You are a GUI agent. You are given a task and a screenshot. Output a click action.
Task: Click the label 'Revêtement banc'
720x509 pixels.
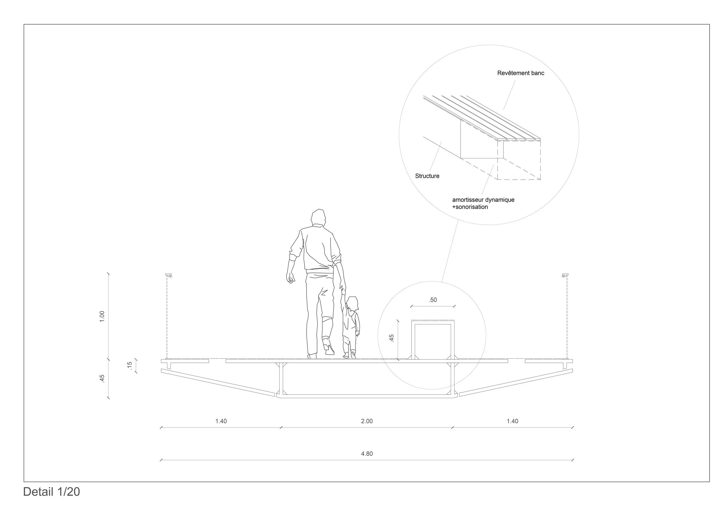tap(520, 73)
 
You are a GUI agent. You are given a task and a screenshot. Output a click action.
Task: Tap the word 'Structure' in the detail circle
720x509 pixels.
tap(427, 176)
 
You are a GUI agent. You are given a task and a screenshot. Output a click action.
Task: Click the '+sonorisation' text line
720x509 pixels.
tap(470, 207)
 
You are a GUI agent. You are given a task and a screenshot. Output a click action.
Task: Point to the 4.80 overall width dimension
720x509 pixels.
tap(367, 454)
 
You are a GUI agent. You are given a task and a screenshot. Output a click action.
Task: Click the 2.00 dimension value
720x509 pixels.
tap(367, 421)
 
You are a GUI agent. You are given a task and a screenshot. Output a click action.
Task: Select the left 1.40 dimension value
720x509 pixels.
tap(221, 421)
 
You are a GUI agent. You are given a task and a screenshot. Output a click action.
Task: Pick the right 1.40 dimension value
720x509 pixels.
tap(512, 421)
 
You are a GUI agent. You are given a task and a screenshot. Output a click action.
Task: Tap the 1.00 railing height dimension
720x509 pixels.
tap(102, 317)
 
